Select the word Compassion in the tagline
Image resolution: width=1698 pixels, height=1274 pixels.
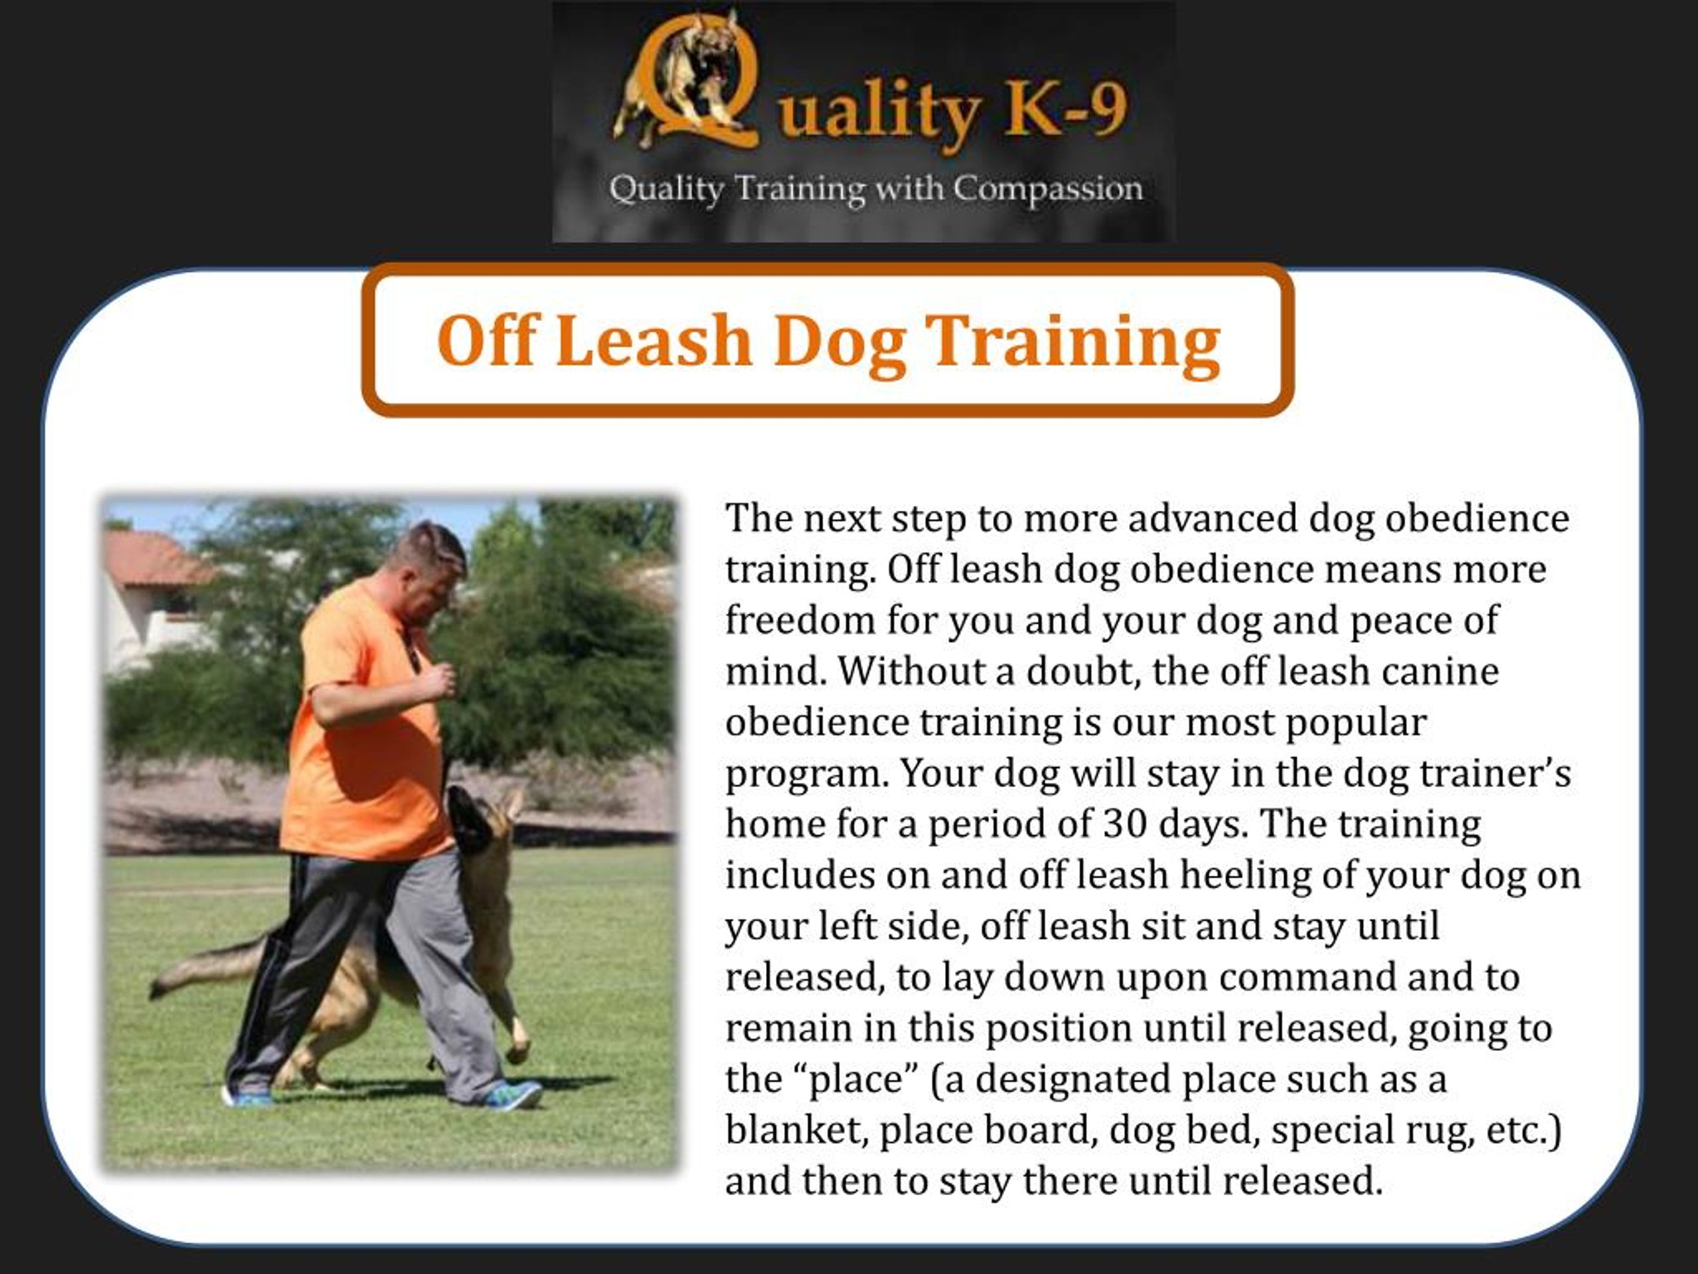pos(1047,189)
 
